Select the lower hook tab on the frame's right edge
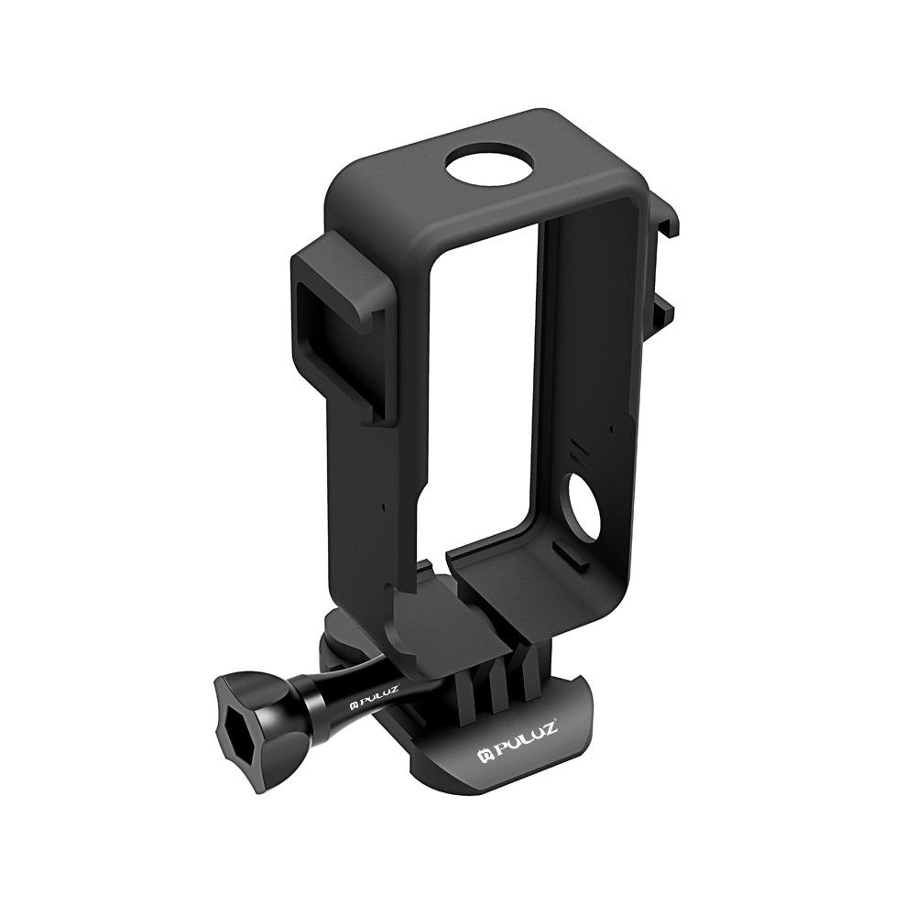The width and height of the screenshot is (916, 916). tap(665, 316)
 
